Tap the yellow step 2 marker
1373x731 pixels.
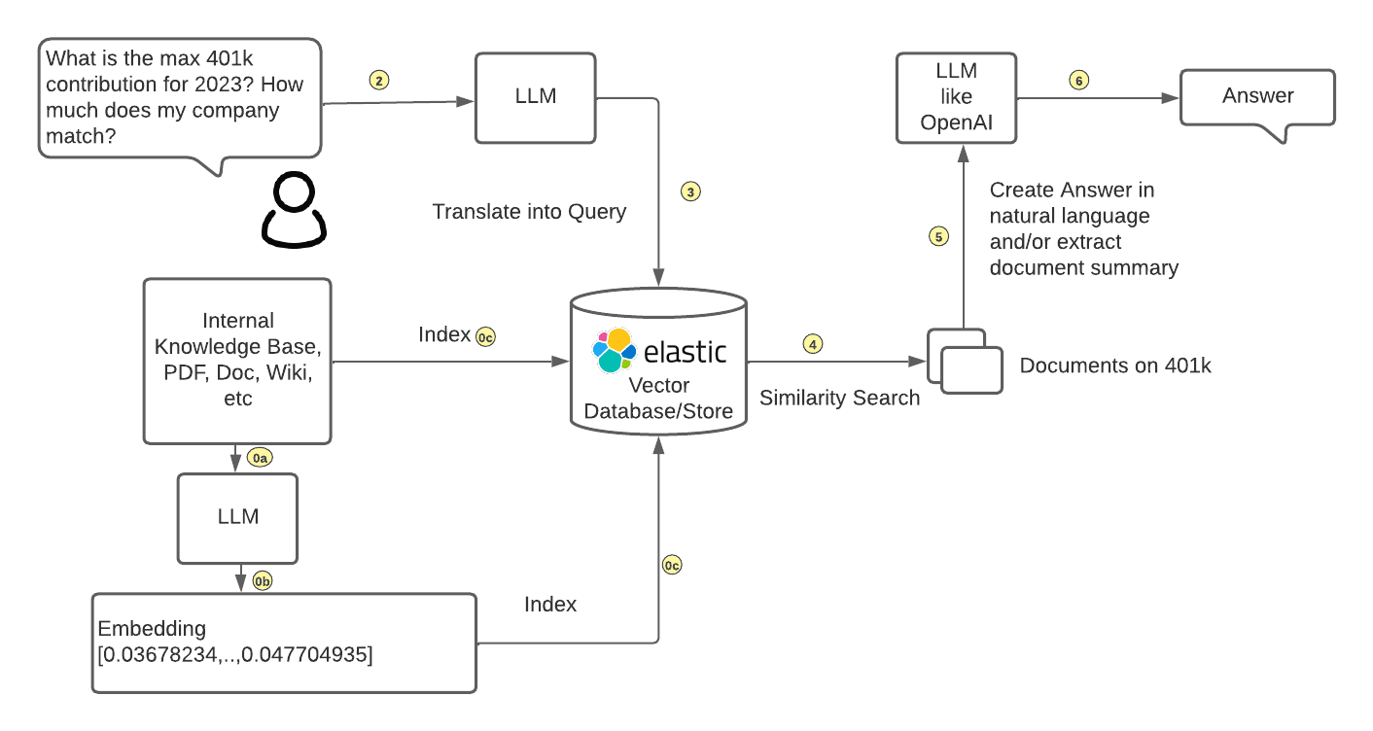tap(379, 80)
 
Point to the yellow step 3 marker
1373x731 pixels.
tap(690, 191)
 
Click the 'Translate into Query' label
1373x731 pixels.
tap(529, 211)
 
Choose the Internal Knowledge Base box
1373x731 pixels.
tap(238, 360)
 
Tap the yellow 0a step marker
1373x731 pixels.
tap(259, 457)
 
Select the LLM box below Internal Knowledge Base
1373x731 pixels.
tap(238, 517)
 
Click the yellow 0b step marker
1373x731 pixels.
tap(263, 581)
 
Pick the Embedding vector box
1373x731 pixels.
tap(285, 643)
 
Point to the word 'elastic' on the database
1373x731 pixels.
tap(685, 351)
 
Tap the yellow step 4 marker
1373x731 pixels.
tap(813, 343)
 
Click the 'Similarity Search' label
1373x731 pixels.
tap(839, 398)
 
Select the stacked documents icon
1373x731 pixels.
tap(965, 362)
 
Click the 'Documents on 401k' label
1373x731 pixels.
tap(1115, 365)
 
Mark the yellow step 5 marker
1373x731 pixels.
tap(938, 236)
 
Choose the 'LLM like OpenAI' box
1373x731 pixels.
tap(956, 96)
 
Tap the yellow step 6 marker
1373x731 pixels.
tap(1078, 80)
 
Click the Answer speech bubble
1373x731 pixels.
tap(1257, 96)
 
